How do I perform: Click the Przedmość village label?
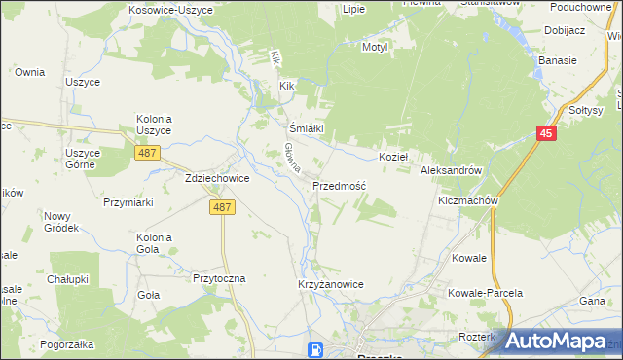tap(339, 185)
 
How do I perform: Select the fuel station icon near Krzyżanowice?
tap(315, 350)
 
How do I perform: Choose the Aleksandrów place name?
tap(452, 170)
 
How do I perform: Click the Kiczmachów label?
tap(468, 200)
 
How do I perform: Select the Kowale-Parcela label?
tap(485, 293)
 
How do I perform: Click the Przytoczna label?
tap(220, 278)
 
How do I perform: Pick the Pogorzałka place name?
tap(66, 345)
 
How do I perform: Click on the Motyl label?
tap(375, 47)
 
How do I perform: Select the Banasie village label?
tap(557, 60)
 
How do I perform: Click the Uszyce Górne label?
tap(84, 159)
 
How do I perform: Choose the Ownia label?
tap(30, 72)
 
